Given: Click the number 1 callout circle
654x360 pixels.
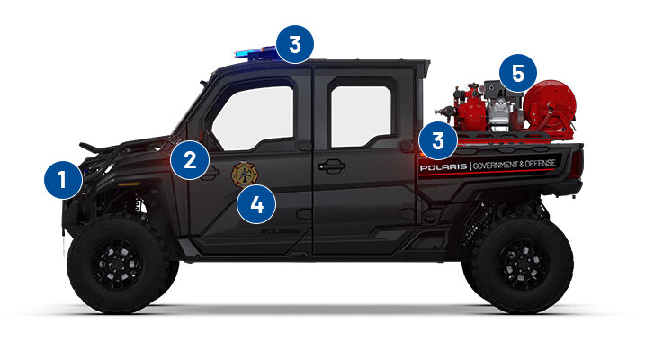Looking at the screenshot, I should [62, 179].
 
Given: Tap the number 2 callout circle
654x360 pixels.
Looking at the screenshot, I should [190, 160].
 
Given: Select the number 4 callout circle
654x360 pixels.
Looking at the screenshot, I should [256, 204].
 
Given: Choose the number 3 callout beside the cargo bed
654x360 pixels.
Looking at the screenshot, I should [438, 140].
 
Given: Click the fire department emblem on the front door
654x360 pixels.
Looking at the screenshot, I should [244, 174].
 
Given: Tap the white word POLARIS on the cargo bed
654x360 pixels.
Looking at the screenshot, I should [443, 166].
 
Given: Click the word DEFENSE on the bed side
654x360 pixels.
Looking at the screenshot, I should [546, 164].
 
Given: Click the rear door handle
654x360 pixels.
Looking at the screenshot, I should [330, 166].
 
